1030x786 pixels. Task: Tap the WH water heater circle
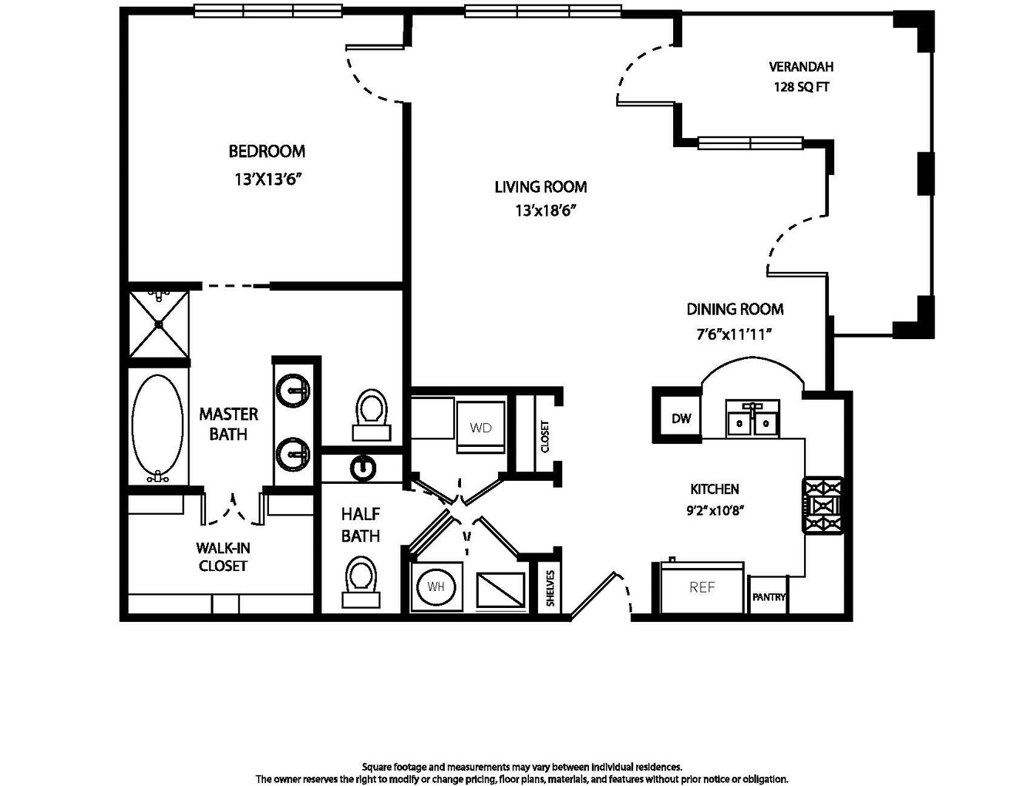(436, 586)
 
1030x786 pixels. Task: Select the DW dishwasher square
(681, 418)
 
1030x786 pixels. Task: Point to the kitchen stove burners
(822, 505)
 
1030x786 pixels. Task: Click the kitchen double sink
(752, 418)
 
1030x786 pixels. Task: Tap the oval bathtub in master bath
(158, 428)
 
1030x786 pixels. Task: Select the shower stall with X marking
(159, 324)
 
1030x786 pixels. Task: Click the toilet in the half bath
(361, 582)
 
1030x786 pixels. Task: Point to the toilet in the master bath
(372, 415)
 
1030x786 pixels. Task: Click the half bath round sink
(363, 468)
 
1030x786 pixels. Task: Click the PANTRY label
(768, 597)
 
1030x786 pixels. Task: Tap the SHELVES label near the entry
(550, 588)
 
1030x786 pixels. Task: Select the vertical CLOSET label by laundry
(544, 435)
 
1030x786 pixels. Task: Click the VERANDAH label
(801, 66)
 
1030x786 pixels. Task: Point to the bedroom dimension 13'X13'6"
(267, 179)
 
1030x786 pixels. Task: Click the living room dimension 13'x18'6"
(545, 210)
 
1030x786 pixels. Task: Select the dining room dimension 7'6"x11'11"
(735, 334)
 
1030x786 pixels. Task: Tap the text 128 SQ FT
(802, 87)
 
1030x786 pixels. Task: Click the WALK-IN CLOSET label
(223, 556)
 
